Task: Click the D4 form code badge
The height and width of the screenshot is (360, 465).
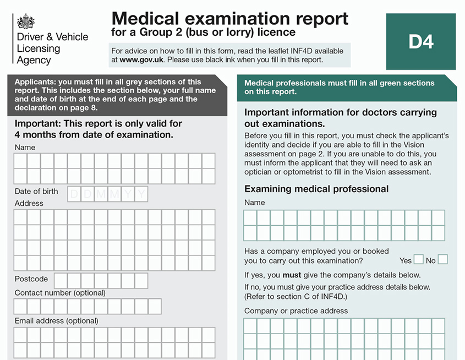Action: tap(421, 41)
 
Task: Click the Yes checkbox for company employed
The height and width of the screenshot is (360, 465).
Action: tap(418, 259)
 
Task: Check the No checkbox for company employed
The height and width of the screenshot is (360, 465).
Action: tap(442, 259)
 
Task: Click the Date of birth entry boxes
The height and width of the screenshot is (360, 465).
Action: tap(108, 194)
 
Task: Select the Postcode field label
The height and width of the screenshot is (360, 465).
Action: tap(31, 279)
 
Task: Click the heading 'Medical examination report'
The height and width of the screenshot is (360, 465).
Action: tap(229, 18)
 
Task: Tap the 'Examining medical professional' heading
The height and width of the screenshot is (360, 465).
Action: tap(316, 189)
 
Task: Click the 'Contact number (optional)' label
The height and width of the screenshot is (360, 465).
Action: tap(60, 293)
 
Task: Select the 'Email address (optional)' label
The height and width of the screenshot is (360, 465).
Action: tap(57, 320)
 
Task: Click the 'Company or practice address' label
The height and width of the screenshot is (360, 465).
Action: tap(296, 310)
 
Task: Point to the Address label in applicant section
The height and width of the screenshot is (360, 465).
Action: tap(29, 203)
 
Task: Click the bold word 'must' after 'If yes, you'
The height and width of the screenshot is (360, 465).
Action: tap(292, 275)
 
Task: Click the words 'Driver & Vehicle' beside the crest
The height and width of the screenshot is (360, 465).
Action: tap(52, 37)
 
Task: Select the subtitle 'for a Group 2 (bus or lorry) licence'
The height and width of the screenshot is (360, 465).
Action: tap(203, 32)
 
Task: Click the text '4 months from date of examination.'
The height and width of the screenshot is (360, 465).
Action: tap(94, 134)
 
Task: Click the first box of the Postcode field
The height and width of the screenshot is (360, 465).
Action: tap(61, 281)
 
